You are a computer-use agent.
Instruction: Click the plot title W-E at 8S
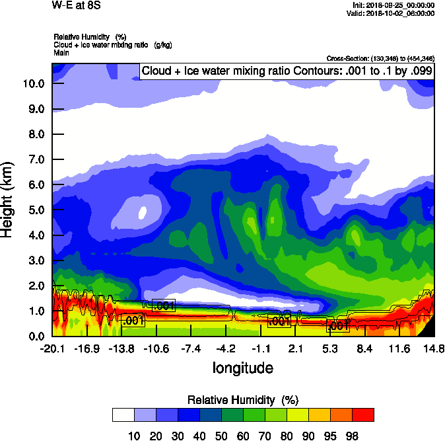pyautogui.click(x=77, y=5)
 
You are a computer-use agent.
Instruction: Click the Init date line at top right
pyautogui.click(x=394, y=5)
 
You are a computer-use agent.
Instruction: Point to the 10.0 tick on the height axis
pyautogui.click(x=34, y=83)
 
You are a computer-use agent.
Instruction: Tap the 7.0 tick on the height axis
pyautogui.click(x=37, y=159)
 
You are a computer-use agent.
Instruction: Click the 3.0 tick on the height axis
pyautogui.click(x=37, y=261)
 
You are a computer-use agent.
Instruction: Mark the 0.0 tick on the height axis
pyautogui.click(x=37, y=336)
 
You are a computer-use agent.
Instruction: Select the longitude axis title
pyautogui.click(x=242, y=368)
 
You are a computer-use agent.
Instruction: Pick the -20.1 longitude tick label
pyautogui.click(x=51, y=348)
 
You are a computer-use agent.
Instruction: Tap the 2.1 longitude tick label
pyautogui.click(x=295, y=348)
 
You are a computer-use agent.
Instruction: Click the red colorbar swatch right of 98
pyautogui.click(x=363, y=415)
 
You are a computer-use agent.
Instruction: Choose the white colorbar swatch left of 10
pyautogui.click(x=123, y=415)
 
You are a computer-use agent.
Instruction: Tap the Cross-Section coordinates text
pyautogui.click(x=380, y=59)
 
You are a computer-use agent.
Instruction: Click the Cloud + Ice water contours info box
pyautogui.click(x=287, y=71)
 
